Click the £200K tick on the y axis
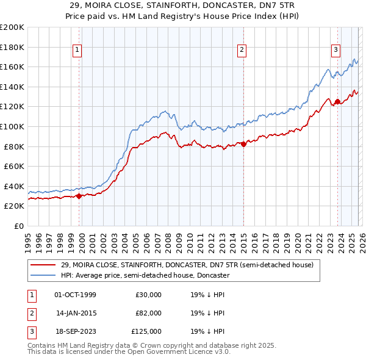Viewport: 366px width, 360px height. click(x=12, y=27)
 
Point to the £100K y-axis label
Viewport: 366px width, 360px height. click(x=12, y=126)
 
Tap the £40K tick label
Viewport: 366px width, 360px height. click(x=14, y=186)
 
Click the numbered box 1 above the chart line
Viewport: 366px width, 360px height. click(x=79, y=50)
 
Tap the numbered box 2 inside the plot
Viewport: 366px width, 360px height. click(x=242, y=50)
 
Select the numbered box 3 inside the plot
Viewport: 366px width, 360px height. click(x=335, y=50)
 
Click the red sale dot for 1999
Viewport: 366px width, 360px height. click(x=79, y=196)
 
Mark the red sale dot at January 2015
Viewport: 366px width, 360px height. click(x=243, y=145)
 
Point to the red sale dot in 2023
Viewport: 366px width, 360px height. click(x=337, y=102)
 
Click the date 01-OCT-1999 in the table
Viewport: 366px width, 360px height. click(x=75, y=295)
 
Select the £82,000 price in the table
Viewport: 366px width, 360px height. click(x=148, y=313)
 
